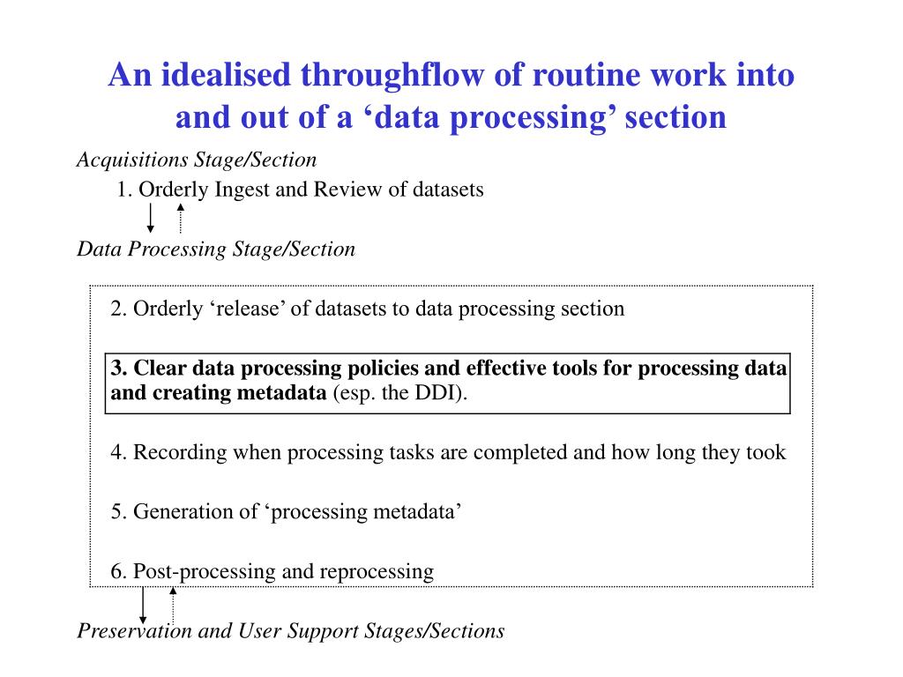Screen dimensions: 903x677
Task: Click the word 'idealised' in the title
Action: (x=209, y=76)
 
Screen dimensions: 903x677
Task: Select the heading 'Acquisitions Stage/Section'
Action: (x=197, y=160)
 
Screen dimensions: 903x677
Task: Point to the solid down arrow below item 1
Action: (x=151, y=218)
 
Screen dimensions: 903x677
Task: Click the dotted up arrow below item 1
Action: (x=180, y=218)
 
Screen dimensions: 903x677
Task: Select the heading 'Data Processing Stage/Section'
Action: (x=216, y=249)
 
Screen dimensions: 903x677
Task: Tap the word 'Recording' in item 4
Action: (x=181, y=453)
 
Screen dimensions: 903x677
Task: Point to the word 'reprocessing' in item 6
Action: (x=377, y=571)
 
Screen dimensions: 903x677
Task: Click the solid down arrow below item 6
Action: (x=144, y=606)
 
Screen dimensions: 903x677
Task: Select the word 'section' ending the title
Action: (x=675, y=117)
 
